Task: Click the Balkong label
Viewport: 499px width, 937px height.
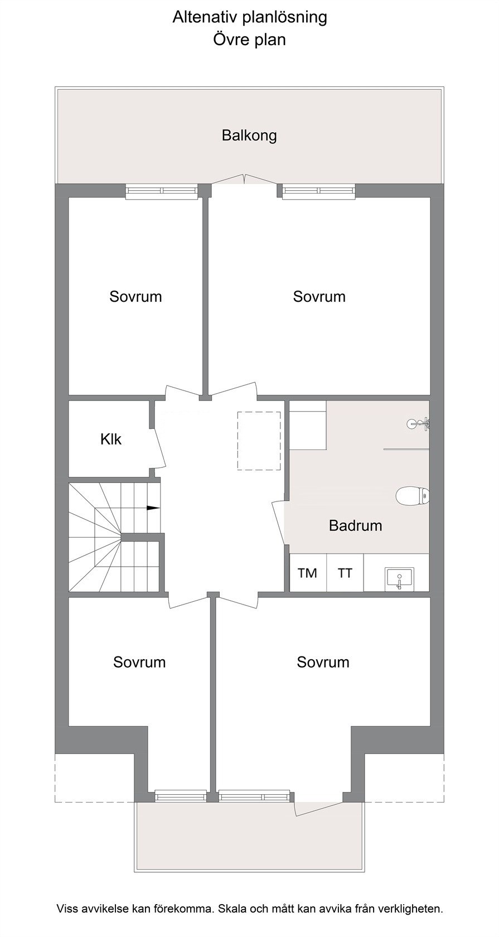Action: [249, 136]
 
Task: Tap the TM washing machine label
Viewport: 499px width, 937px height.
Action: [307, 573]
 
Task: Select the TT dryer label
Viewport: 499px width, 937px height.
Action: [345, 573]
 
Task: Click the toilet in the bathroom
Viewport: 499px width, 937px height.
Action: [413, 496]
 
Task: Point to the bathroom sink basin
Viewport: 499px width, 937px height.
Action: [400, 579]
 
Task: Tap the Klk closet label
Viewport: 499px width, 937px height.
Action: [111, 439]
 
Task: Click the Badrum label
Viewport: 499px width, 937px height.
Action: [356, 525]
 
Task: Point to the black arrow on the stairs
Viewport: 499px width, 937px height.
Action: [153, 508]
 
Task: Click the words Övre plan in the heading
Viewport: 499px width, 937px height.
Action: [250, 40]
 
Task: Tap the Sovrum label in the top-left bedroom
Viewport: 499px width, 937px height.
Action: [135, 297]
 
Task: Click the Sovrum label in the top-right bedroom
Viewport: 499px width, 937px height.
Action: [319, 297]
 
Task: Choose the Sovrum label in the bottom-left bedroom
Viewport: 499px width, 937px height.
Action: [139, 662]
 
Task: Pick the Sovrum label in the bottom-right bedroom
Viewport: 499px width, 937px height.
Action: [323, 662]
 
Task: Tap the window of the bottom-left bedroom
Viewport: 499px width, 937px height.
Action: [181, 795]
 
